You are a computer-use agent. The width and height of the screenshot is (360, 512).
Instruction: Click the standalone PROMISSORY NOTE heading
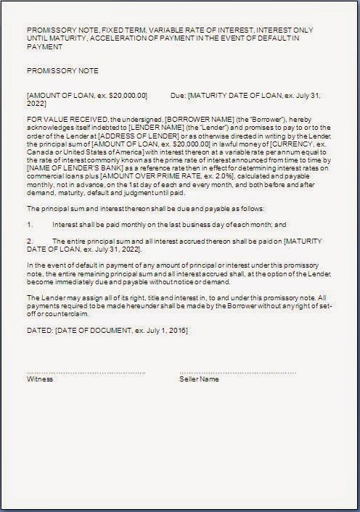[62, 71]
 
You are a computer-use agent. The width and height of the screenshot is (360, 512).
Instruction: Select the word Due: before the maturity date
[177, 95]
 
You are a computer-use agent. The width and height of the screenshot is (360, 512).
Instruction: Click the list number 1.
[29, 225]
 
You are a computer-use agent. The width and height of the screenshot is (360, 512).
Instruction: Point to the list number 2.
[29, 241]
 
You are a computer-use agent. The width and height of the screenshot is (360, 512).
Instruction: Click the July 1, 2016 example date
[163, 329]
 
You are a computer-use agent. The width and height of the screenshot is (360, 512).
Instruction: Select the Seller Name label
[200, 379]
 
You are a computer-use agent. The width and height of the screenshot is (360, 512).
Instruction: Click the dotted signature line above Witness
[86, 372]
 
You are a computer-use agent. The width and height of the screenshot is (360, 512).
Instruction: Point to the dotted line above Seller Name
[238, 372]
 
